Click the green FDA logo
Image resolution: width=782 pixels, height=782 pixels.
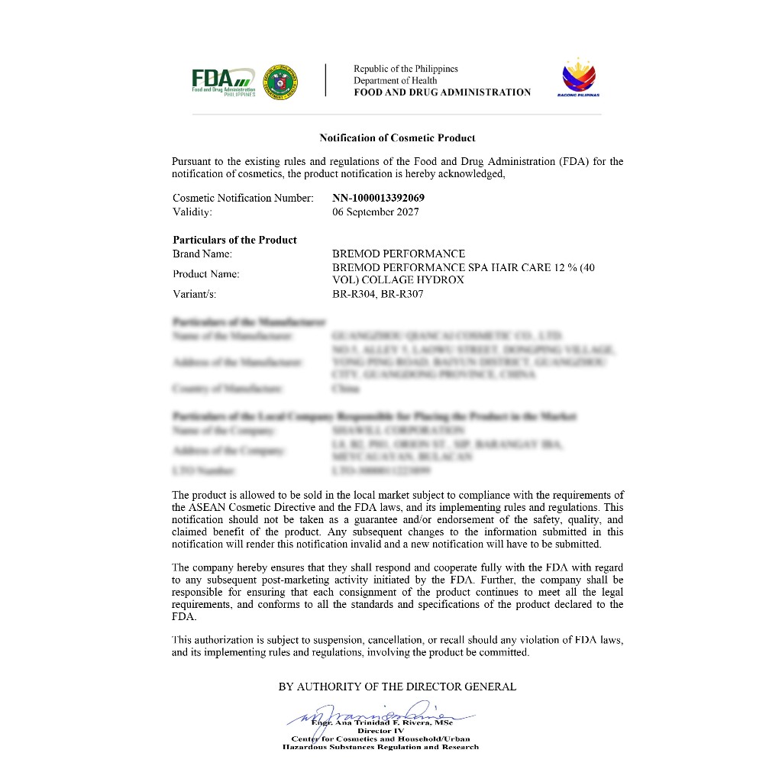point(222,80)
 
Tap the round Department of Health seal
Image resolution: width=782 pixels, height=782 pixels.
point(280,81)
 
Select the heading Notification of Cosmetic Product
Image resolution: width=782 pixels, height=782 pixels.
point(397,138)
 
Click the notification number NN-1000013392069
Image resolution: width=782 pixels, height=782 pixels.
point(378,198)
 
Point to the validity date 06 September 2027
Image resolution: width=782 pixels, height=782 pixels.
point(375,212)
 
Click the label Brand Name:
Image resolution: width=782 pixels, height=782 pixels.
point(202,254)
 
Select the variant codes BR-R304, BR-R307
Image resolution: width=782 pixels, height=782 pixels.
point(377,293)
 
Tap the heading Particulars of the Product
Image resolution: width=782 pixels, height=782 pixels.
point(234,240)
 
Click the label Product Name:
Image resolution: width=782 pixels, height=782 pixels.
point(205,273)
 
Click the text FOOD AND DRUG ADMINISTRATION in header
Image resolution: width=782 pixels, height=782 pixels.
point(441,92)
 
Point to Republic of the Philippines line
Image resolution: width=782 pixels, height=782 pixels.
point(406,69)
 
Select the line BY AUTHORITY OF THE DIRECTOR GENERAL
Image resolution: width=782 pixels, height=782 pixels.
point(397,687)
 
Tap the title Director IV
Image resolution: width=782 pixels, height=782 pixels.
point(381,731)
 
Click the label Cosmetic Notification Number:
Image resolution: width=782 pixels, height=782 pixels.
point(243,198)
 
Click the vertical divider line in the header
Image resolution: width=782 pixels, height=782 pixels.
point(326,79)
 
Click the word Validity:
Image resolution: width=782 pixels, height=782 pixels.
point(192,212)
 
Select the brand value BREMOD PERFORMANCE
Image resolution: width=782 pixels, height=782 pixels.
point(398,254)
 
